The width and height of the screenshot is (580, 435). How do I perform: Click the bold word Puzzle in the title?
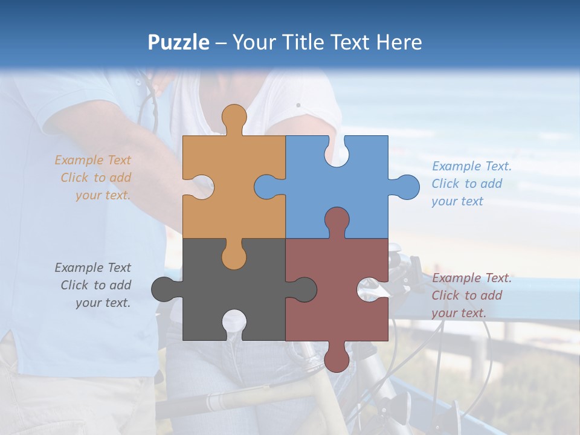tap(178, 42)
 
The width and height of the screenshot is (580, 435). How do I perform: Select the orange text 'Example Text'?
tap(92, 160)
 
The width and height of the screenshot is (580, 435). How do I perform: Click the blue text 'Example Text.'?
tap(472, 166)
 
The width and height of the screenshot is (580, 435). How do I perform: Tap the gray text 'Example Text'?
tap(92, 268)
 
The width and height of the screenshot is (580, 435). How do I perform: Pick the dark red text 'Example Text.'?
tap(472, 278)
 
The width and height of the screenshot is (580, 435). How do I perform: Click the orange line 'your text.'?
tap(103, 195)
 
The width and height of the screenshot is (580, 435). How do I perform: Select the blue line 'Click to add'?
tap(467, 184)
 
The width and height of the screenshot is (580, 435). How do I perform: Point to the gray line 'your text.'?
tap(103, 303)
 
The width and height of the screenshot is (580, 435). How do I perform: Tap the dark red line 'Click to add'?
tap(467, 295)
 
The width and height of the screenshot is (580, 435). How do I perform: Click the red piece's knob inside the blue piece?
tap(337, 220)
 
